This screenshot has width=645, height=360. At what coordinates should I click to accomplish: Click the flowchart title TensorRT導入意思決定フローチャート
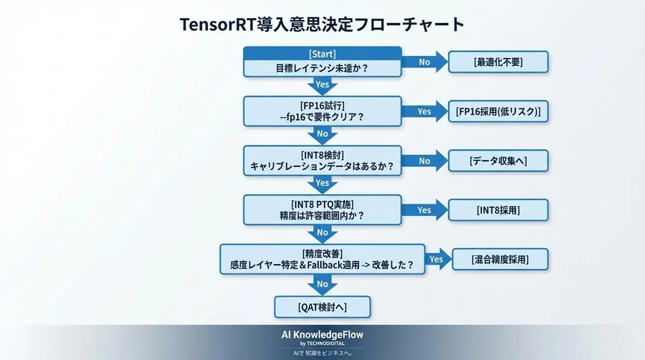[322, 24]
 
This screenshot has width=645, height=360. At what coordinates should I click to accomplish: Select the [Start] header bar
[322, 54]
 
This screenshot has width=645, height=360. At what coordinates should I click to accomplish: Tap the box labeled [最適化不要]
[498, 62]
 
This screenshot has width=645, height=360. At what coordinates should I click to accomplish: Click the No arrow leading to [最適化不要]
[424, 62]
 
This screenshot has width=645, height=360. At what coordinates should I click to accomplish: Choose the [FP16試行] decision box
[322, 111]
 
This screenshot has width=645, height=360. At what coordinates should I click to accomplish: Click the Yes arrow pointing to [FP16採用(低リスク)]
[424, 111]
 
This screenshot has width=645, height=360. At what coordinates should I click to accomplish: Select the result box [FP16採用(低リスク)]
[498, 111]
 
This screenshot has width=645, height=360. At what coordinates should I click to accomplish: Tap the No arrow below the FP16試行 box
[322, 134]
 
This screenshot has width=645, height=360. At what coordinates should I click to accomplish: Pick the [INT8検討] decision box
[322, 160]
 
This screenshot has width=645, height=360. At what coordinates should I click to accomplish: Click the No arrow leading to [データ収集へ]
[424, 161]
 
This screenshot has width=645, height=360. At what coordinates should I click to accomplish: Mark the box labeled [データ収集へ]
[498, 161]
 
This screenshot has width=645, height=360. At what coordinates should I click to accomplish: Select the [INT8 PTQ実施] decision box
[322, 209]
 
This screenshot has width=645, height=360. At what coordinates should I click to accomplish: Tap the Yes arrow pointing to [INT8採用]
[424, 210]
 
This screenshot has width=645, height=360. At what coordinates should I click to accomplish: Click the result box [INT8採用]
[498, 210]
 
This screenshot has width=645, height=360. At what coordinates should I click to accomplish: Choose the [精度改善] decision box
[322, 259]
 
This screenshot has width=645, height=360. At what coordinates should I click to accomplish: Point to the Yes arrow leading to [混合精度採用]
[436, 259]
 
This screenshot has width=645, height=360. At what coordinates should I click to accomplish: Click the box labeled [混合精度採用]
[500, 259]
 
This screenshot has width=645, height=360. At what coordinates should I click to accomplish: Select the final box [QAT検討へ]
[322, 307]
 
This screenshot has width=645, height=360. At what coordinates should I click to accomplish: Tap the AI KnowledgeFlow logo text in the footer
[322, 335]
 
